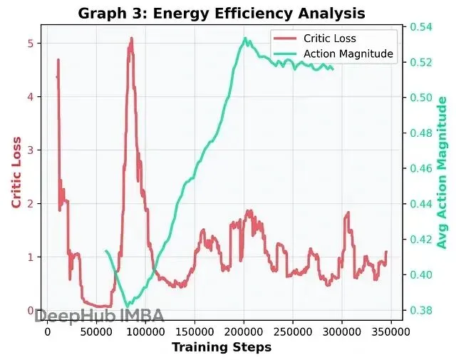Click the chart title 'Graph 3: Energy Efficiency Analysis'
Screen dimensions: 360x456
click(221, 13)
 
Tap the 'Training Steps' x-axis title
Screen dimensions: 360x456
click(221, 347)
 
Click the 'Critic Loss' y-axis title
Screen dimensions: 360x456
click(16, 173)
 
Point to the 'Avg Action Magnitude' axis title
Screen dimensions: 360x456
click(442, 173)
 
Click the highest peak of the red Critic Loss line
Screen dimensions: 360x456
click(131, 38)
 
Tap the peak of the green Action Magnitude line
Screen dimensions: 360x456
click(245, 38)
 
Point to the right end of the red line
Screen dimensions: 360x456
click(386, 252)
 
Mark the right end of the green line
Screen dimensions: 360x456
click(333, 68)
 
